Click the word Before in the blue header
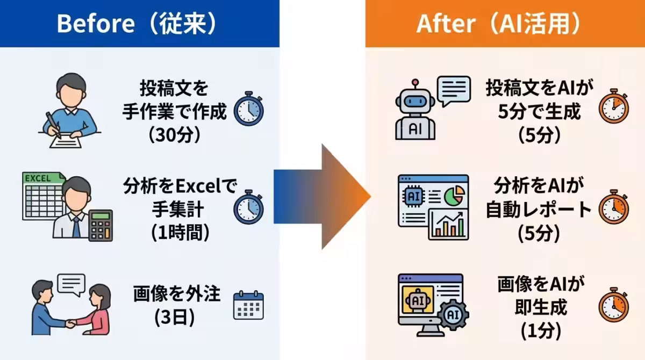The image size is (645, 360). [96, 24]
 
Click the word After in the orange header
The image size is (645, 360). [446, 24]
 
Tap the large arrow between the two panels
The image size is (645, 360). [322, 197]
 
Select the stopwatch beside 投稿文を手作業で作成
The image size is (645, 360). [248, 109]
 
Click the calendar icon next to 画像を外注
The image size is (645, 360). [248, 305]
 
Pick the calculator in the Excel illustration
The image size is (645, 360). [101, 225]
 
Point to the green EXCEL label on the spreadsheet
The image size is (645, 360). [38, 178]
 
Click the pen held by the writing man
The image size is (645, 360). [54, 126]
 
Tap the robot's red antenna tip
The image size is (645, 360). [415, 82]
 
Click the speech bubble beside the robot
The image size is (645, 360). [454, 91]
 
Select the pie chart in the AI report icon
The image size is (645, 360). [454, 196]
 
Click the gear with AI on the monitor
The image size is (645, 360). [453, 315]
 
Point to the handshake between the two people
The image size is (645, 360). [71, 323]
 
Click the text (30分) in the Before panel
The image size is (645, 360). [175, 135]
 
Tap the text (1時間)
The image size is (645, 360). [180, 233]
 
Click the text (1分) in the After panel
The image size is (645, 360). [541, 331]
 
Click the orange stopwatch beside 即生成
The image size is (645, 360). [614, 305]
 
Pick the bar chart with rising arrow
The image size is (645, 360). [449, 225]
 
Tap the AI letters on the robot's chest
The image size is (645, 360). [415, 129]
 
